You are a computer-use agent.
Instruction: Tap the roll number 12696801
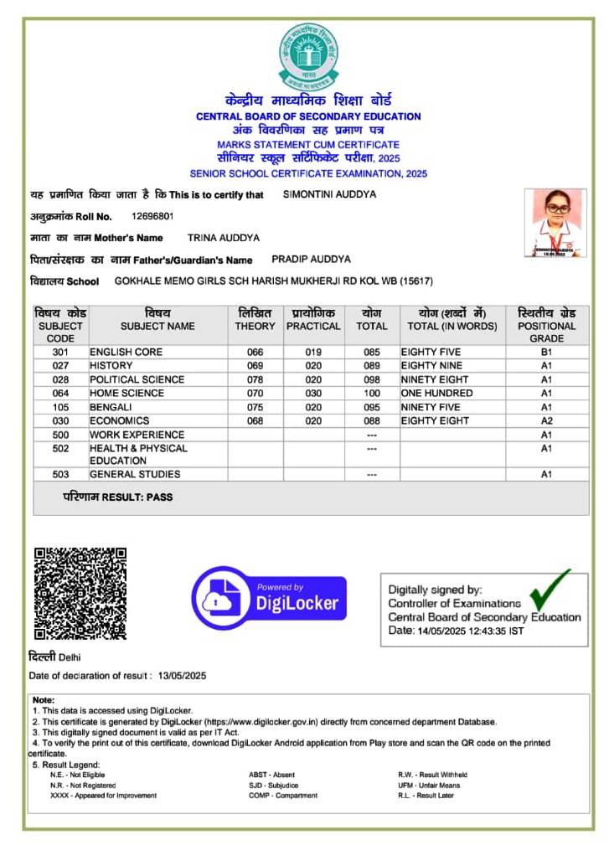[152, 216]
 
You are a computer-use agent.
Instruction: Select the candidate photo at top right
[555, 222]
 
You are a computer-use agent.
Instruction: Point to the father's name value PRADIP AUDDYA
[311, 260]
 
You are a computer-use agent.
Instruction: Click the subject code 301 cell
[60, 353]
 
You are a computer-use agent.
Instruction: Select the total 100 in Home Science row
[372, 394]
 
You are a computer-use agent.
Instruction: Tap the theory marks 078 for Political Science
[255, 379]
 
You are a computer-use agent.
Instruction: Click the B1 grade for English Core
[546, 353]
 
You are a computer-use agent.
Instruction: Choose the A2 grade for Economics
[546, 421]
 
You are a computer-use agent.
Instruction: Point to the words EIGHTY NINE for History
[431, 366]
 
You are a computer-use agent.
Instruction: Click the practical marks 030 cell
[313, 394]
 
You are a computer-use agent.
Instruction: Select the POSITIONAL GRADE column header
[546, 326]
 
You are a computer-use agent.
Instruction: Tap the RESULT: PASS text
[118, 497]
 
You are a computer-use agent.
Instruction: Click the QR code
[80, 593]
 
